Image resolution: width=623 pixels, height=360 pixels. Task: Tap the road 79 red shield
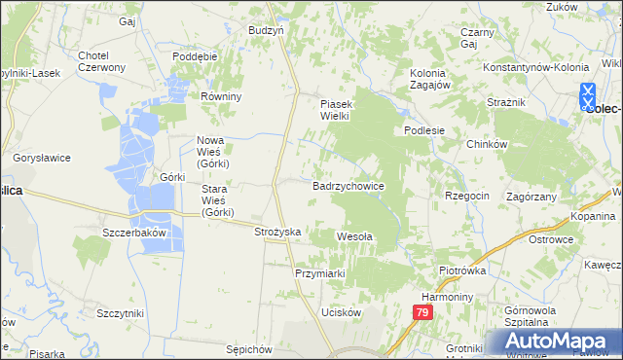[421, 313]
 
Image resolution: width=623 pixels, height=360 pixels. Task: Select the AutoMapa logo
[552, 342]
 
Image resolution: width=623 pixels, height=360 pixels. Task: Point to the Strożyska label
[277, 232]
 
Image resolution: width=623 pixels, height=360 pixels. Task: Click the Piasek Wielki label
[342, 109]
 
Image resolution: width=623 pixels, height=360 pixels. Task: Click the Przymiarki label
[321, 273]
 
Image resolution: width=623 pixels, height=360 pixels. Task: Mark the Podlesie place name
[424, 130]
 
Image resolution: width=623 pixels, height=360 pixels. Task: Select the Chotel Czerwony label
[101, 61]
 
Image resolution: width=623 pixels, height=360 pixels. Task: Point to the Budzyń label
[266, 30]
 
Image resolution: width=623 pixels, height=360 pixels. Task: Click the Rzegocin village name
[467, 196]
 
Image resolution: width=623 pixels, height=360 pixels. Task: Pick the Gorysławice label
[39, 157]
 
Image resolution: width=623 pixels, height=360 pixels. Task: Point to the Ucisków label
[341, 312]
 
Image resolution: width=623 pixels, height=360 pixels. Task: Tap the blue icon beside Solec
[588, 94]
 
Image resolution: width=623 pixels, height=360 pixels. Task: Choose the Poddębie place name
[195, 56]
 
